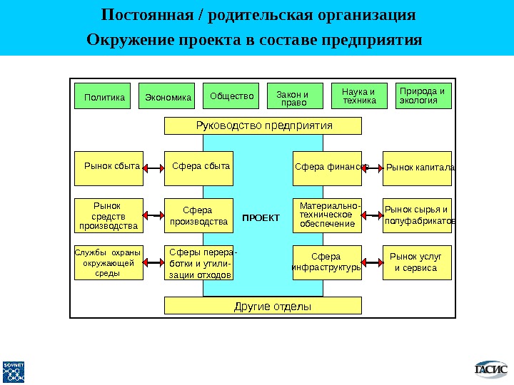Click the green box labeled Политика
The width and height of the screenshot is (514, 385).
click(x=104, y=96)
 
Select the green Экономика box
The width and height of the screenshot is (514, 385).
click(x=168, y=96)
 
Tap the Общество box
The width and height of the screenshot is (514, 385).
click(x=232, y=96)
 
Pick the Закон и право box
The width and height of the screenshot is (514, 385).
click(x=293, y=97)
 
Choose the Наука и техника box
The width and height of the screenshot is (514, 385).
click(x=359, y=96)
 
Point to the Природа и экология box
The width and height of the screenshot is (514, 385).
click(x=423, y=95)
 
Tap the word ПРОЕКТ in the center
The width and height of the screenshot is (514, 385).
click(x=261, y=217)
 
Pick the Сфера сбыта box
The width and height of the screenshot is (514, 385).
click(x=199, y=168)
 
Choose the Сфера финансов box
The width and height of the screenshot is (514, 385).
click(x=328, y=168)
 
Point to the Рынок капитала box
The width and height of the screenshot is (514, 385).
click(x=418, y=168)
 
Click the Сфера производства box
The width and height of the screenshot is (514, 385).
click(x=198, y=216)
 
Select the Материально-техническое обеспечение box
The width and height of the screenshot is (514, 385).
click(x=328, y=215)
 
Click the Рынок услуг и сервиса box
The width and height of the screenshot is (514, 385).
click(x=418, y=262)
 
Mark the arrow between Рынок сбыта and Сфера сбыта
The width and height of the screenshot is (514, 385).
click(x=153, y=168)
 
